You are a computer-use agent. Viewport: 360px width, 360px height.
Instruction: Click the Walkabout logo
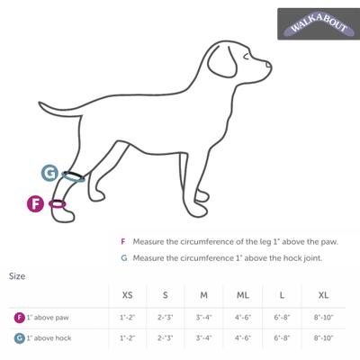314,24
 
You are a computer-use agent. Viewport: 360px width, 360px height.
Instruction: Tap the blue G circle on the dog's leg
49,172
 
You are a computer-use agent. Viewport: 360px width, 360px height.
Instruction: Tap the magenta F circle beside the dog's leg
36,203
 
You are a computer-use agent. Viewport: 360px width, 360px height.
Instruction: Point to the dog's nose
269,65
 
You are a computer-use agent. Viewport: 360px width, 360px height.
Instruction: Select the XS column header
127,295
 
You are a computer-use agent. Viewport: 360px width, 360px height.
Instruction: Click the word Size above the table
17,275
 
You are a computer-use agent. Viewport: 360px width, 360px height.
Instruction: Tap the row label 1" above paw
45,318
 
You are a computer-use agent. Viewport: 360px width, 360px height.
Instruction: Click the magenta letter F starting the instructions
123,242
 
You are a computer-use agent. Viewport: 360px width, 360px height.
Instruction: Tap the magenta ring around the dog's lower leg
58,204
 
